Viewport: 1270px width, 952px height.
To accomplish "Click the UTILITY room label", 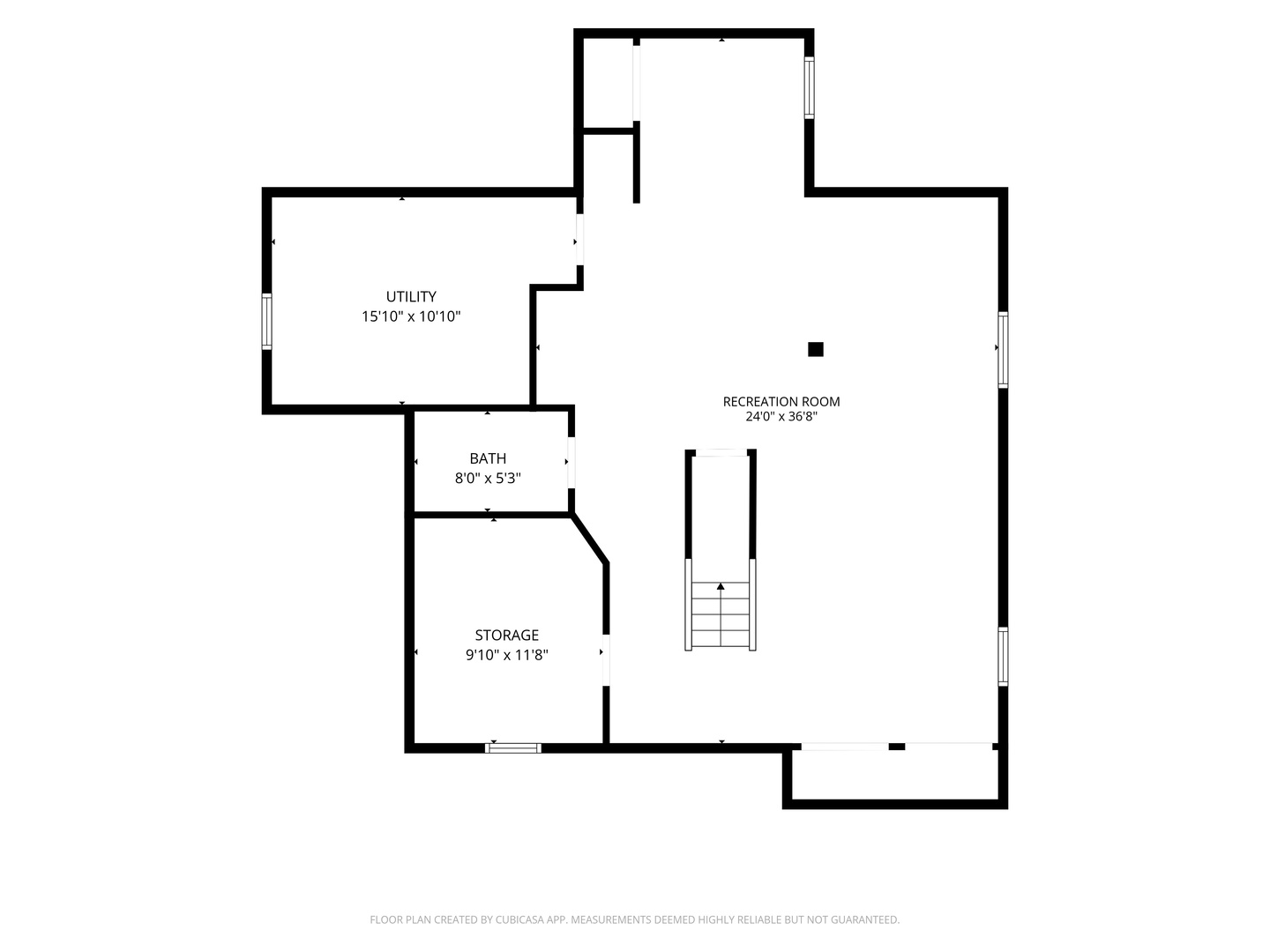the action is [x=411, y=296].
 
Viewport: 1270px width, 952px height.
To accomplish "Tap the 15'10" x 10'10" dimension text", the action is [x=411, y=316].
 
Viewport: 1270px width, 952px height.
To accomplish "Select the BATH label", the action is [x=488, y=458].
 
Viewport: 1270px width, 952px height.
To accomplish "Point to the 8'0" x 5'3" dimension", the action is [x=488, y=479].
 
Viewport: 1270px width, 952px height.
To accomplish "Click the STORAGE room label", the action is [x=507, y=636].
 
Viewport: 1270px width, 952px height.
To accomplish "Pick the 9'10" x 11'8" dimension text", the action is [x=507, y=655].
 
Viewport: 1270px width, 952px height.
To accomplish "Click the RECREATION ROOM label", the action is [x=781, y=402].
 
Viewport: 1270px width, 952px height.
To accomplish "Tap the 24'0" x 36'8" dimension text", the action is [x=781, y=417].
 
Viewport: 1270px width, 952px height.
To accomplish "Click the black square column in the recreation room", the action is [x=815, y=349].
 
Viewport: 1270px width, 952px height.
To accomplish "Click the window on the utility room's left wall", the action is [x=266, y=322].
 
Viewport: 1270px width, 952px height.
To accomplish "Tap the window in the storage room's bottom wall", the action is [x=513, y=748].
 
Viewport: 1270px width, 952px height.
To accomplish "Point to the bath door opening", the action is [x=571, y=463].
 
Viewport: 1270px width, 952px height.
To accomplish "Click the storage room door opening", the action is [x=606, y=660].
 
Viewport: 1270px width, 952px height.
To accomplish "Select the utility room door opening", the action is [x=579, y=240].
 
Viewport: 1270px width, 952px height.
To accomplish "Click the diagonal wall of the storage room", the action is [x=589, y=538].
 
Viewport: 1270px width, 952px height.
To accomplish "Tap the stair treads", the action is [x=721, y=614].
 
